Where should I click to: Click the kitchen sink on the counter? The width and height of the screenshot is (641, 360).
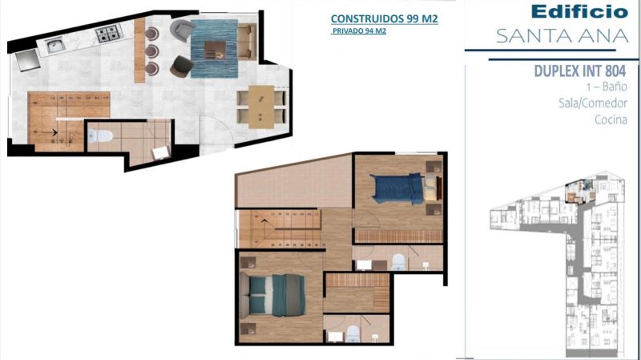point(54,45)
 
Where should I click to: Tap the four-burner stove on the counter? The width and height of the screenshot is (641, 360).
point(108,34)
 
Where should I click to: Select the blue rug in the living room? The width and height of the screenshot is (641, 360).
point(214,49)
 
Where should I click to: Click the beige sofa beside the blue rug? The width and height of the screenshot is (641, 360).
point(247,42)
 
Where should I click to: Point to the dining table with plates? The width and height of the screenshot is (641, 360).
point(261,107)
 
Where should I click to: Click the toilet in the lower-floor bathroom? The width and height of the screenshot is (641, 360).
point(100,136)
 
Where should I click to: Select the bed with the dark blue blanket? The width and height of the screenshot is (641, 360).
point(405,188)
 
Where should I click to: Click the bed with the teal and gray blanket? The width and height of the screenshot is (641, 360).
point(272,295)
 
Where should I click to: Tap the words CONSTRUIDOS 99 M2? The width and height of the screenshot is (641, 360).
point(385,18)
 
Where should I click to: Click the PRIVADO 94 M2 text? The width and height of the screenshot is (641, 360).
point(359,30)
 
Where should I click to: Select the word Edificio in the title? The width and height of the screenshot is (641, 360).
point(579,11)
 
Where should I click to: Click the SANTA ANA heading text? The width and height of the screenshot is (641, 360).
point(562,36)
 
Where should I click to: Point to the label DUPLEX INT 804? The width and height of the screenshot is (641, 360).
point(579,71)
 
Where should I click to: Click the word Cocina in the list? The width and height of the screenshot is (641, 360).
point(611,119)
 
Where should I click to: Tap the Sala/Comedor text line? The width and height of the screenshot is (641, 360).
point(593,103)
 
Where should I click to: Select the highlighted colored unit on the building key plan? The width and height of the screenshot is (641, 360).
point(579,191)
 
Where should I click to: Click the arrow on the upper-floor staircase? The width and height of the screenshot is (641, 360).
point(264,221)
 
